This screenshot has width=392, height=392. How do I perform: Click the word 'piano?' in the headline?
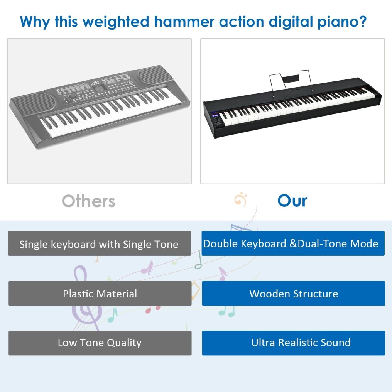click(x=342, y=22)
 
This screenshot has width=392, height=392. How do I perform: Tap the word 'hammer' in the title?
click(x=184, y=21)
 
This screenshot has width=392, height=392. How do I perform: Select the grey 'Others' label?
click(x=88, y=201)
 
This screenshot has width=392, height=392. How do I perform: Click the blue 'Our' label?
click(x=292, y=201)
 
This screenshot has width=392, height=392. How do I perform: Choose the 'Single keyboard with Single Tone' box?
click(x=100, y=243)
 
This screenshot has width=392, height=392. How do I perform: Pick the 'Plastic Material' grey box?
click(x=100, y=293)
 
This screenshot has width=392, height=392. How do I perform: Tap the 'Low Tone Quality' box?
click(x=100, y=343)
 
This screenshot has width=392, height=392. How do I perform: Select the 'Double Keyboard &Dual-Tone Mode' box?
click(x=293, y=243)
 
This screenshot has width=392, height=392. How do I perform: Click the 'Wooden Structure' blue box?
click(x=294, y=293)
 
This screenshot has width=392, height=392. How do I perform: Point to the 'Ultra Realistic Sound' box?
click(x=294, y=343)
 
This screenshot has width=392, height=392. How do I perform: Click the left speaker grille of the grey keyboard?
click(x=33, y=103)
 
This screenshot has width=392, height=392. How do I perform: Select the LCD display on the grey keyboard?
click(x=100, y=88)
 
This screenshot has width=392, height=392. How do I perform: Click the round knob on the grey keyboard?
click(x=72, y=96)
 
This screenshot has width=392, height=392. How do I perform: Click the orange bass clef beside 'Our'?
click(x=241, y=199)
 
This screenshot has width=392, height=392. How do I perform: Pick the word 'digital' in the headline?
click(x=291, y=22)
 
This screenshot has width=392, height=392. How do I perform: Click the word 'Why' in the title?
click(x=35, y=22)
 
